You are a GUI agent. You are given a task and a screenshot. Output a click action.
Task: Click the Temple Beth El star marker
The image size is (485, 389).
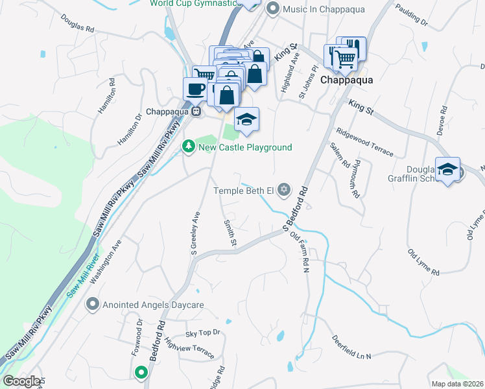(283, 190)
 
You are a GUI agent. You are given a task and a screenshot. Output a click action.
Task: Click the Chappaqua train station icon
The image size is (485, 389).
(195, 111)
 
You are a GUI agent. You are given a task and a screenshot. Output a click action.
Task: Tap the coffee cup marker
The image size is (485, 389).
(194, 89)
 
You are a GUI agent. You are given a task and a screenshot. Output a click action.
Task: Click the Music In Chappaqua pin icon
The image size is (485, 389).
(272, 8)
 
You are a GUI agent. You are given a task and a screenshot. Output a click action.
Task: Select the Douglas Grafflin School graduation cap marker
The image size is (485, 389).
(448, 169)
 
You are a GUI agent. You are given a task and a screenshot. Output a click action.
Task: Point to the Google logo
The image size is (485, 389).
(21, 381)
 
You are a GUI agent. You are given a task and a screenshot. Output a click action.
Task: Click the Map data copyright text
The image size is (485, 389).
(458, 384)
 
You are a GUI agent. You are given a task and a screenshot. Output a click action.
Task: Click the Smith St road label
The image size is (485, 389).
(230, 233)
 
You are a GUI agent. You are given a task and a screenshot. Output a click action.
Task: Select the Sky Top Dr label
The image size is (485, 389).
(203, 333)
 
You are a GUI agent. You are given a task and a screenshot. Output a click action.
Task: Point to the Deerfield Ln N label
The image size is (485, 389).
(351, 348)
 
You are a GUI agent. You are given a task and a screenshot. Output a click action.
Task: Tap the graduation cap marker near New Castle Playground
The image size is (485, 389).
(246, 119)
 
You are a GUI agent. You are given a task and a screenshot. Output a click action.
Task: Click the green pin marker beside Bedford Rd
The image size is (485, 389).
(141, 372)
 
